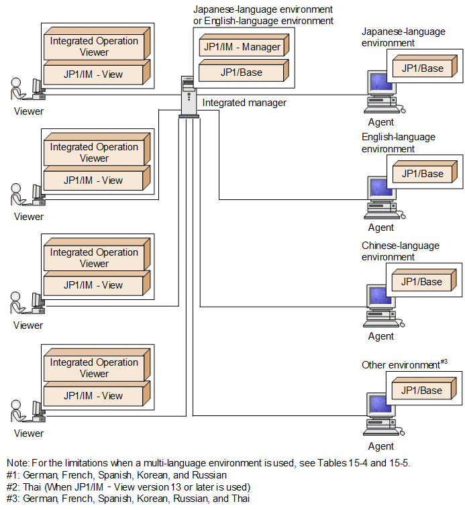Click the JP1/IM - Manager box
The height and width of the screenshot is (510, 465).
pos(242,47)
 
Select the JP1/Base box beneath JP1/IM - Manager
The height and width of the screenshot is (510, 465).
pos(242,72)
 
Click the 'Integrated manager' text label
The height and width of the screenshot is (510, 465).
pos(244,103)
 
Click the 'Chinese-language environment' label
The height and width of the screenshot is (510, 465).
pos(400,251)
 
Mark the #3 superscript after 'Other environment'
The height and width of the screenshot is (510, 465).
pos(444,362)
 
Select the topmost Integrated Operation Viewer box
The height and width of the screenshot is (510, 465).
pos(94,46)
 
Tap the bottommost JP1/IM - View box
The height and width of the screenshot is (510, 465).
pos(93,395)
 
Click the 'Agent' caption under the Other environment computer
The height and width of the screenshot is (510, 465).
pos(381,446)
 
